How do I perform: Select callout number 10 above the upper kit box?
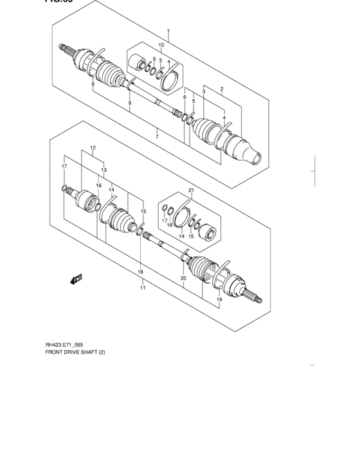(161, 45)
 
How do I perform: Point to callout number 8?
(93, 84)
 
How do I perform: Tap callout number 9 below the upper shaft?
(129, 103)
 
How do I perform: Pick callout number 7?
(156, 137)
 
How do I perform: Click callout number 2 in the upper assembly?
(221, 89)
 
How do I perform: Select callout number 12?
(93, 148)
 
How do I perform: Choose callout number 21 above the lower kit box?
(191, 190)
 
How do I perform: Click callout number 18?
(140, 273)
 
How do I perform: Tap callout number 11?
(143, 287)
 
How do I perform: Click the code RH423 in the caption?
(55, 344)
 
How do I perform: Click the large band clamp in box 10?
(170, 81)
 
